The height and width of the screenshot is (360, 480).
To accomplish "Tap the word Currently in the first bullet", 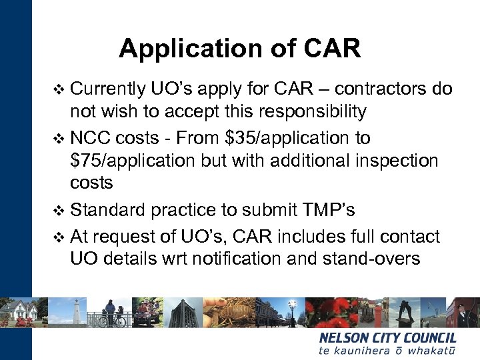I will coord(107,89).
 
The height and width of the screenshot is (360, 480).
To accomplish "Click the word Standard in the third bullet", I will coord(107,210).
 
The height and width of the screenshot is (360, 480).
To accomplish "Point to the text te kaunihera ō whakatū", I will coord(387,350).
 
